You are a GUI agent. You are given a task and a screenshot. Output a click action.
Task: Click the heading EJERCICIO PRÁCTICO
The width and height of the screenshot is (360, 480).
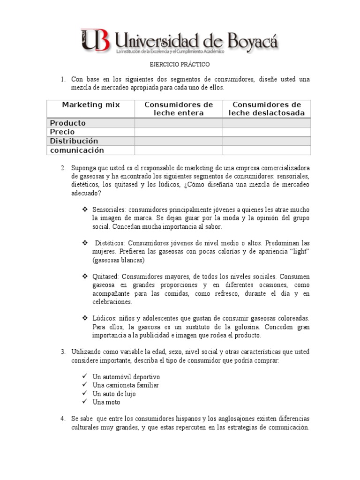pos(180,64)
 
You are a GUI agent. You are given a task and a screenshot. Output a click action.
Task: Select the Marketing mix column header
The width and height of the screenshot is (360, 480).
pos(91,105)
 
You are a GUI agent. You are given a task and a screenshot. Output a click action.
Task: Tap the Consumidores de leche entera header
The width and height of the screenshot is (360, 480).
pos(179,109)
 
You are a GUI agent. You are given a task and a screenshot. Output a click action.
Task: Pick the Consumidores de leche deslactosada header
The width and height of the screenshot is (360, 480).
pos(266,109)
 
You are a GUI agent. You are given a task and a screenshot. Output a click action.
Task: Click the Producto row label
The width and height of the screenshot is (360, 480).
pos(68,123)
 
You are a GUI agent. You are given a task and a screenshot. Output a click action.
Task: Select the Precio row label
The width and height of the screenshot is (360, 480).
pos(62,132)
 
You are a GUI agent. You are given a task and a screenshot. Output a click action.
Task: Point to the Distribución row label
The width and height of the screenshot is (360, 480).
pos(74,141)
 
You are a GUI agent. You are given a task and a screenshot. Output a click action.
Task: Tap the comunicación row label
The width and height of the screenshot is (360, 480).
pos(77,150)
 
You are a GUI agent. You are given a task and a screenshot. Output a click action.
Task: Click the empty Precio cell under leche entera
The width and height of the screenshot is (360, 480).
pos(179,132)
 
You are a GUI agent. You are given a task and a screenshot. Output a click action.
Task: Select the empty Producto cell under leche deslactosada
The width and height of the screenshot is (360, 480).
pos(266,123)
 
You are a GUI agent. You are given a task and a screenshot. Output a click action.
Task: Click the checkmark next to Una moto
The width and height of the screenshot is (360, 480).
pos(84,402)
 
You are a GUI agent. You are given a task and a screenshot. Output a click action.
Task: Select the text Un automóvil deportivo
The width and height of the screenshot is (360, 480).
pos(126,377)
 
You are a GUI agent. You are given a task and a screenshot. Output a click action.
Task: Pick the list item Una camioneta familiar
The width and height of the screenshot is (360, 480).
pos(126,385)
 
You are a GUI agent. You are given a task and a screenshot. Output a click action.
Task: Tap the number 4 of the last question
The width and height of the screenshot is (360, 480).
pos(62,419)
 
